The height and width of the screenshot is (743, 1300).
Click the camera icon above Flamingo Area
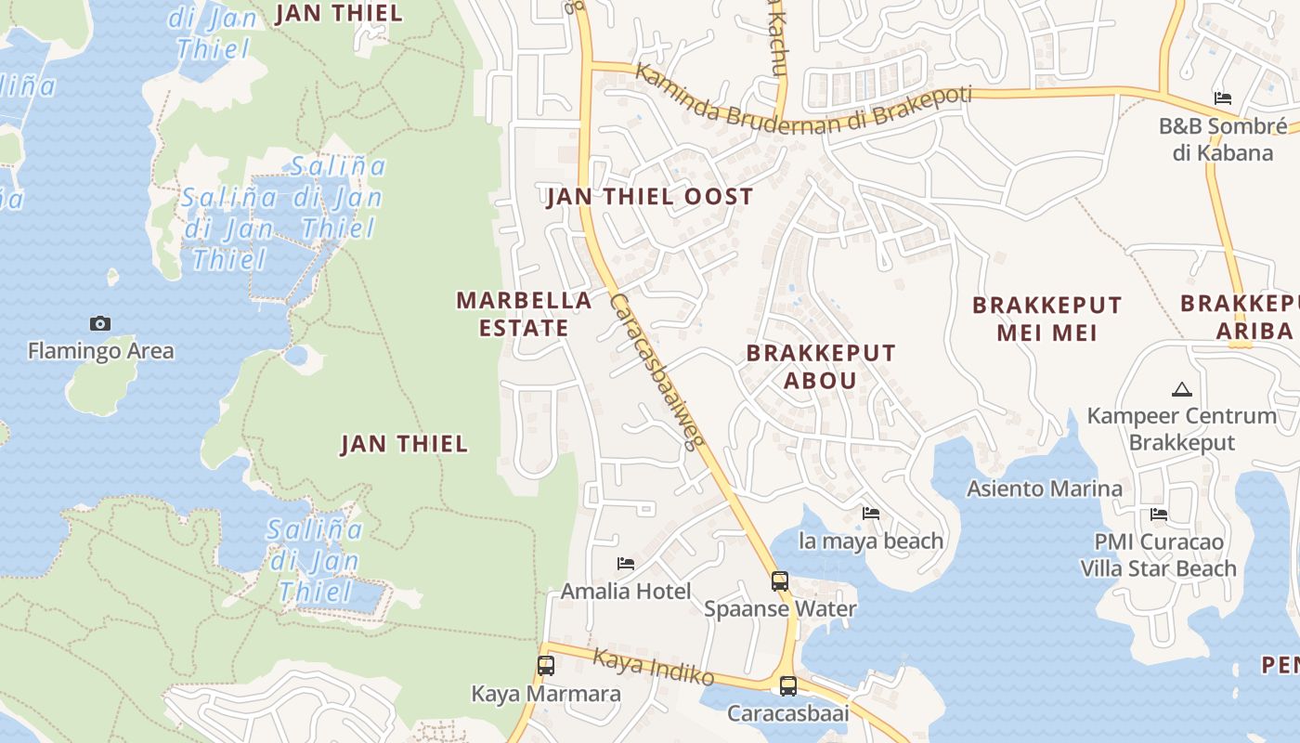pyautogui.click(x=100, y=323)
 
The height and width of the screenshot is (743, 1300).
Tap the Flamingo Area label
pyautogui.click(x=100, y=351)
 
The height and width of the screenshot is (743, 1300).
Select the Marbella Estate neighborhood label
pyautogui.click(x=524, y=314)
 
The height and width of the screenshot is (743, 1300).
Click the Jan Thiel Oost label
pyautogui.click(x=649, y=197)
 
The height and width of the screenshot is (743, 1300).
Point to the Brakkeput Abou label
pyautogui.click(x=821, y=366)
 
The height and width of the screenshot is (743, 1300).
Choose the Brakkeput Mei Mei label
pyautogui.click(x=1046, y=319)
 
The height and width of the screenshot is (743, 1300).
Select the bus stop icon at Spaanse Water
pyautogui.click(x=780, y=581)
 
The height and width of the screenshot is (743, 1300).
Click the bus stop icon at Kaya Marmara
pyautogui.click(x=546, y=666)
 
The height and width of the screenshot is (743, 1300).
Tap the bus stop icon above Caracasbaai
pyautogui.click(x=787, y=686)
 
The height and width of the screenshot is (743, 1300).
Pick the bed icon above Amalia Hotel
pyautogui.click(x=626, y=564)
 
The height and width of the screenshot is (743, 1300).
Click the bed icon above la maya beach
pyautogui.click(x=871, y=513)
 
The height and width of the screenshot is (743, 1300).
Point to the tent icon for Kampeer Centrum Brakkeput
pyautogui.click(x=1181, y=389)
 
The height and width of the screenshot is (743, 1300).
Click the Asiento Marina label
pyautogui.click(x=1044, y=489)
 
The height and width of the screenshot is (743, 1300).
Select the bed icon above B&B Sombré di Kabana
pyautogui.click(x=1223, y=98)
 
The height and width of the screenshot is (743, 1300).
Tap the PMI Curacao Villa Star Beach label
pyautogui.click(x=1158, y=555)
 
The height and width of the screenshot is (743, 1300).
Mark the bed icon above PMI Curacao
pyautogui.click(x=1158, y=515)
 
